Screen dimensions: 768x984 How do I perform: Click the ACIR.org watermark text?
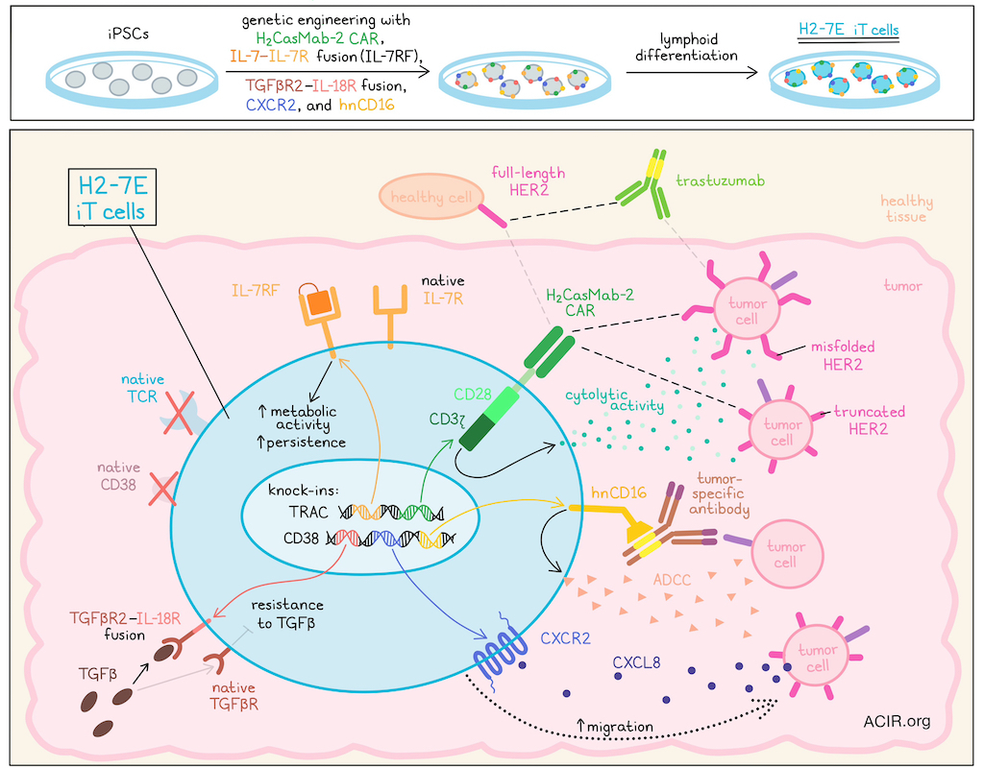pos(897,721)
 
